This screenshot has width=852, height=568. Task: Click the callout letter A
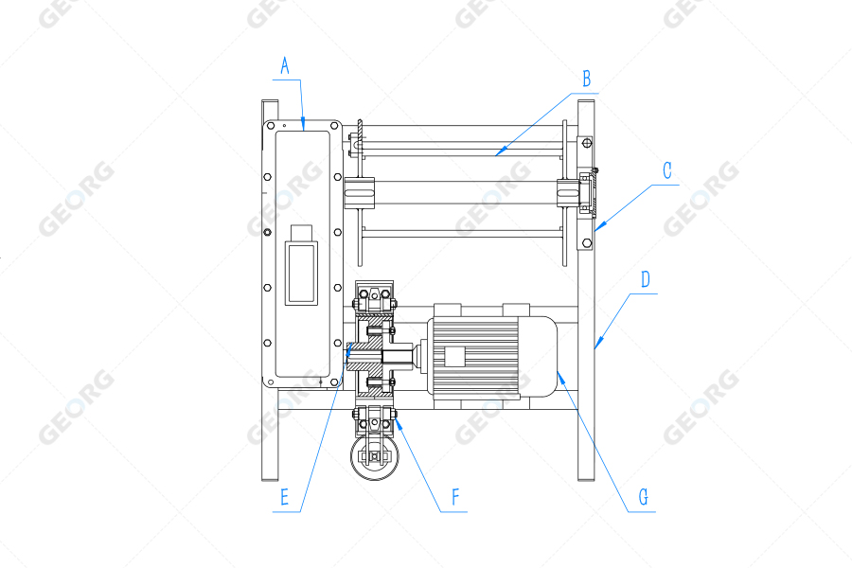coord(285,65)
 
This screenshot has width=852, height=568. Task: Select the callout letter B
coord(587,78)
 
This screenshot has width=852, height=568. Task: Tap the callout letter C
coord(667,170)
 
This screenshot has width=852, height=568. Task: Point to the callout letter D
coord(646,279)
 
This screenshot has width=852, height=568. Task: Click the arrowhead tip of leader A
coord(303,127)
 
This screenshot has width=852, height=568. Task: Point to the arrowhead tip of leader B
coord(495,153)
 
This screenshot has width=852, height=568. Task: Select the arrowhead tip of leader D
coord(595,349)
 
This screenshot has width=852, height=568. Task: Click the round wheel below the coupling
coord(376,458)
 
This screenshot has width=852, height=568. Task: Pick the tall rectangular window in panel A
coord(301,274)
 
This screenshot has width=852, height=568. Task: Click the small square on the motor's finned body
coord(455,357)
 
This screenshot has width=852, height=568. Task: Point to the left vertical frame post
coord(269,293)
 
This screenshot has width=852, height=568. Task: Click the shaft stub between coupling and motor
coord(404,357)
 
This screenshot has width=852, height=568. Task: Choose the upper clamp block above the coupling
coord(375,301)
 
